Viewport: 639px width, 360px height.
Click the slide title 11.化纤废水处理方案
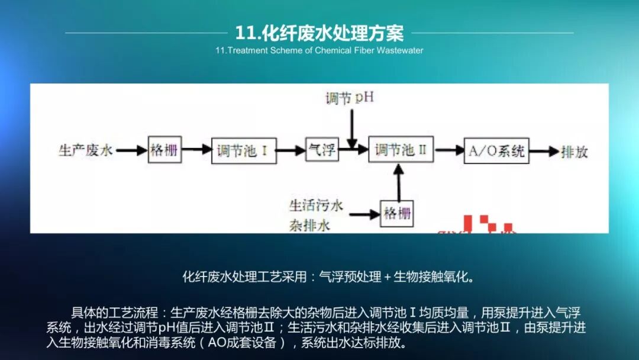(x=319, y=33)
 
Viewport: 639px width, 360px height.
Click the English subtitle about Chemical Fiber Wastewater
(x=319, y=50)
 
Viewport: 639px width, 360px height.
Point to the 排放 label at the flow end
(x=575, y=151)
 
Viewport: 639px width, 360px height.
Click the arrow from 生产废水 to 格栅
(x=131, y=150)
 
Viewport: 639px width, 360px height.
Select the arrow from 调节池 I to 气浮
(x=290, y=150)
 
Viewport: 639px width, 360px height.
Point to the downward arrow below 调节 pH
(x=352, y=127)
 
